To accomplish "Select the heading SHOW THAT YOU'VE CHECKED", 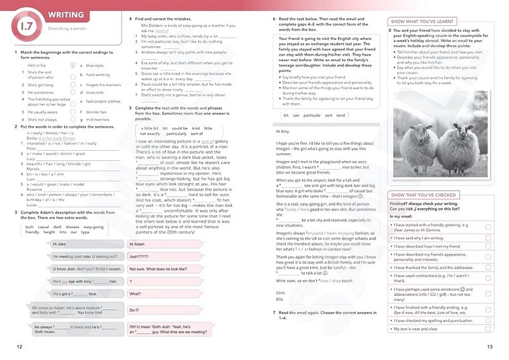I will coord(422,195).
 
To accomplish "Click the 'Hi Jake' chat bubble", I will coord(60,244).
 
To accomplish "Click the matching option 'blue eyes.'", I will coord(95,66).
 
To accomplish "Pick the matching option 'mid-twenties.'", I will coord(99,119).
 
